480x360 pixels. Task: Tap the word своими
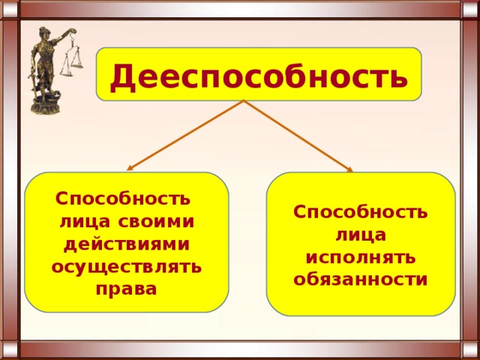coord(156,222)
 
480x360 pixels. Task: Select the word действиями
coord(127,246)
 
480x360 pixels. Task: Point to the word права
coord(127,289)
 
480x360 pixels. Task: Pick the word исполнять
coord(361,259)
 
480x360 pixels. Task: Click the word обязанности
coord(360,279)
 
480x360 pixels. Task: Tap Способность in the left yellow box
coord(123,199)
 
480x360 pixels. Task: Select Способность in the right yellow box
coord(360,211)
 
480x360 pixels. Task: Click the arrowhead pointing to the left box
coord(130,168)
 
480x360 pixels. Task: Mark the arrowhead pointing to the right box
coord(349,169)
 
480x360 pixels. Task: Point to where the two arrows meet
coord(244,100)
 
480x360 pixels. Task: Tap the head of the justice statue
coord(43,33)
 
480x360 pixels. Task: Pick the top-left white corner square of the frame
coord(10,9)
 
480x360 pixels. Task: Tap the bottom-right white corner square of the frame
coord(470,350)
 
